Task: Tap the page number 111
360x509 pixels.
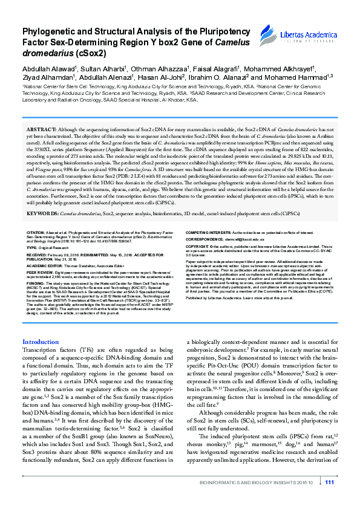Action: tap(330, 499)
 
